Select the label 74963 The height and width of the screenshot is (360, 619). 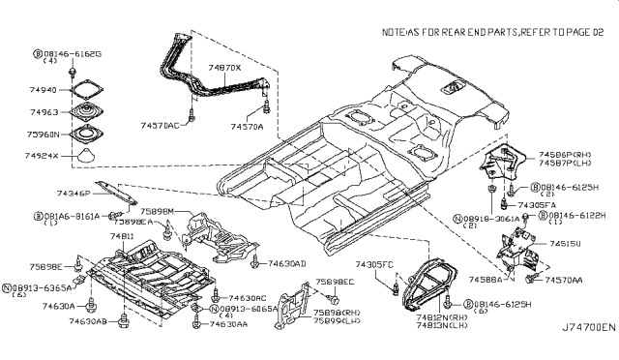click(x=44, y=112)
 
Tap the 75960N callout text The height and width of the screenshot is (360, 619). click(x=44, y=134)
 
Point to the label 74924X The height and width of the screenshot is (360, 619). click(x=44, y=156)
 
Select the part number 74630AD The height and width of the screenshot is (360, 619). click(x=287, y=263)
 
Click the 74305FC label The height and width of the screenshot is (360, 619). click(x=373, y=264)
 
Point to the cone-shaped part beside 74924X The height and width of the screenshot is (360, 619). click(x=86, y=157)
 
